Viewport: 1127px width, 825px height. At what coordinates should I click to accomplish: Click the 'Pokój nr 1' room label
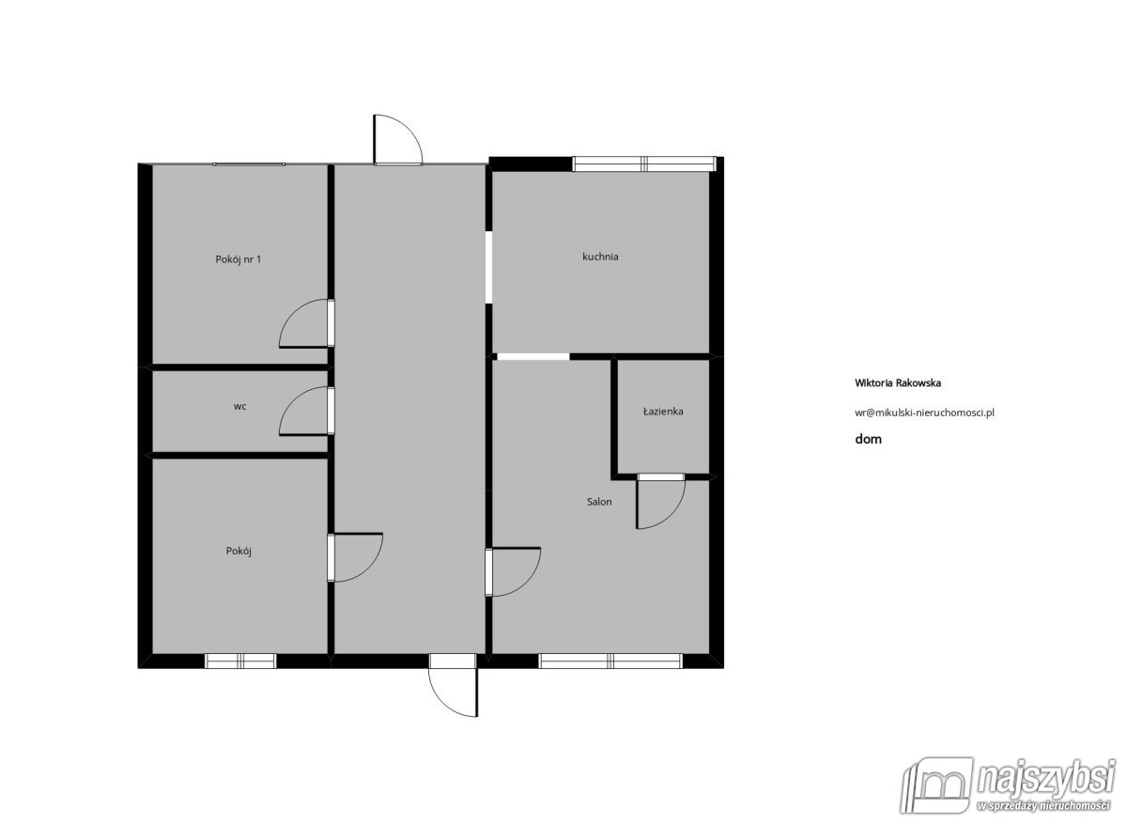click(238, 259)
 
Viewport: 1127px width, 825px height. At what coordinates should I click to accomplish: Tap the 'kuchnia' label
click(600, 257)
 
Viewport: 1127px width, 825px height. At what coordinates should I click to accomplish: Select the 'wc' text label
click(240, 406)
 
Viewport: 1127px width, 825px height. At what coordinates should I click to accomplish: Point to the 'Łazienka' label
click(663, 412)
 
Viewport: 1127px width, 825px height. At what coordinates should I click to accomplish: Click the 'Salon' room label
click(599, 502)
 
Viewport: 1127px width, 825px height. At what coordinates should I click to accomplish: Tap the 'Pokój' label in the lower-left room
click(239, 551)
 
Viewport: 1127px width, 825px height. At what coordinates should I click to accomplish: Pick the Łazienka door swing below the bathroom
click(674, 518)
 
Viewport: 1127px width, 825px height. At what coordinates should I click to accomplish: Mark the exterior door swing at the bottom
click(440, 703)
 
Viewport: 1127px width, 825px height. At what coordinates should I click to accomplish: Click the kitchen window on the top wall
click(643, 164)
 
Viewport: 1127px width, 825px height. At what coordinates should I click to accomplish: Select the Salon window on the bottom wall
click(610, 661)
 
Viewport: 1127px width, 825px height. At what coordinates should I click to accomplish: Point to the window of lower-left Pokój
click(240, 661)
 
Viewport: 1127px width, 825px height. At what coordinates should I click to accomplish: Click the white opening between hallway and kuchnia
click(488, 267)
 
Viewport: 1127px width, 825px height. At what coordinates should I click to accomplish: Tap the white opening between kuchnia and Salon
click(533, 357)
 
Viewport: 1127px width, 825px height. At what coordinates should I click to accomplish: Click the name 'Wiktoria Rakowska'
click(898, 383)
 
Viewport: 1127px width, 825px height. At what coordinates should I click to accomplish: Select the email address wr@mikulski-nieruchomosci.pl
click(924, 412)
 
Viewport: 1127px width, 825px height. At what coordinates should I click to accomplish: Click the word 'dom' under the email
click(869, 439)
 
